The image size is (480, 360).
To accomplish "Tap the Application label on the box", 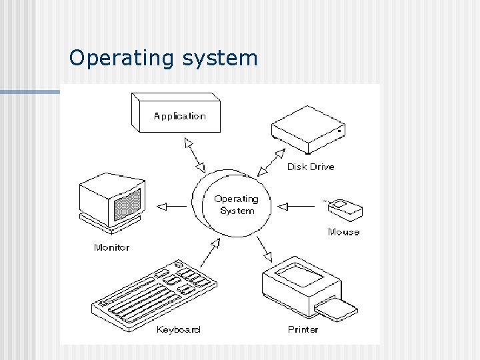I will pos(179,116).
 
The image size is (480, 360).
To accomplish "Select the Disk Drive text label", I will pos(311,167).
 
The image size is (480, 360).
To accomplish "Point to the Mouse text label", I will pos(343,232).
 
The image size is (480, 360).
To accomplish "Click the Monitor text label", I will pos(112,247).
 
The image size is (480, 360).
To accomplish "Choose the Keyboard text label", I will pos(178,329).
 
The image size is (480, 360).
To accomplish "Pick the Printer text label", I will pos(303,329).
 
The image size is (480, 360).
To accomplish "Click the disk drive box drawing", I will pos(308,129).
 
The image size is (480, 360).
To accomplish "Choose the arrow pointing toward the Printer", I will pos(265,249).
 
